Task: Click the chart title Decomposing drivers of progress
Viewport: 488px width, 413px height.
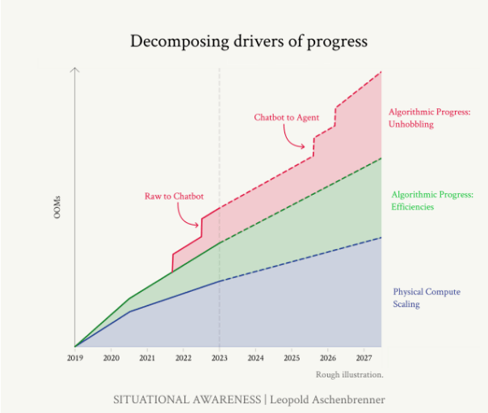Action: tap(248, 41)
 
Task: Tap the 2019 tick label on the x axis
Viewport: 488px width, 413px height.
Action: tap(74, 358)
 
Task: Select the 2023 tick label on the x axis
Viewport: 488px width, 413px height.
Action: tap(219, 358)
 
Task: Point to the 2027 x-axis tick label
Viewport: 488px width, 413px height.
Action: tap(364, 358)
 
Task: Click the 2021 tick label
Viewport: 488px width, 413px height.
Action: tap(147, 358)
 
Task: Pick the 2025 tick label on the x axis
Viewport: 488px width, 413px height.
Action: tap(292, 358)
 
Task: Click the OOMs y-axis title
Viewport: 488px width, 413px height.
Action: tap(58, 207)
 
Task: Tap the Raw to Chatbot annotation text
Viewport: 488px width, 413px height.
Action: tap(174, 196)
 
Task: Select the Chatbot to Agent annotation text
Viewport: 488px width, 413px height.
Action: tap(287, 117)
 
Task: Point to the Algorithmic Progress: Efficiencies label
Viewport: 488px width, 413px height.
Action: tap(432, 200)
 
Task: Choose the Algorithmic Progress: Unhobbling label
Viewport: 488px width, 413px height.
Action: tap(429, 118)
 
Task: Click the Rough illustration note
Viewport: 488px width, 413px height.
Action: tap(349, 374)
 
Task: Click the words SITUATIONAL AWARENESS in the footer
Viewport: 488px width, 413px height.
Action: tap(187, 399)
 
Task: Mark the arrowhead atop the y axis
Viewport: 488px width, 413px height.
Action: tap(75, 70)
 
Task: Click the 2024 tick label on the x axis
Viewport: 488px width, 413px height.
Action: tap(256, 358)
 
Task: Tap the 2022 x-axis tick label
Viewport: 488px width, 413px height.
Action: tap(183, 358)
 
